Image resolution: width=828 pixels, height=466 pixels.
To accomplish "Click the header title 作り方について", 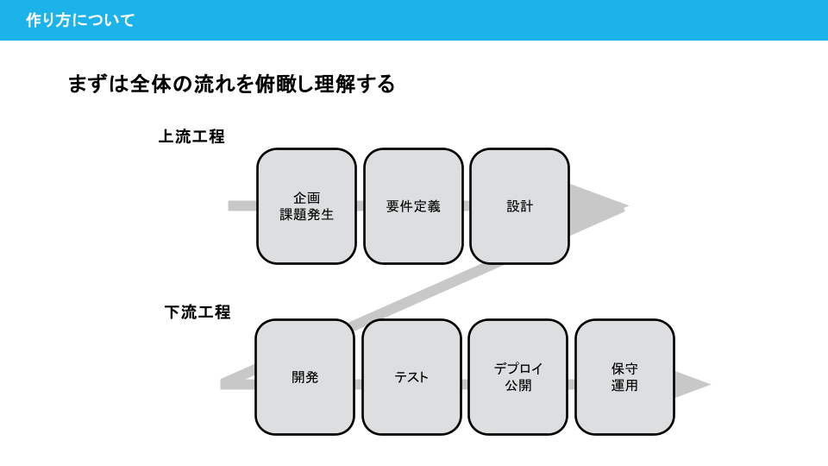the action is coord(80,20).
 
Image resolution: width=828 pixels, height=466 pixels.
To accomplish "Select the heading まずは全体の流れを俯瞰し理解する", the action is coord(231,84).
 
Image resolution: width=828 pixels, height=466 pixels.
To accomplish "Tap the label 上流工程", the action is coord(191,136).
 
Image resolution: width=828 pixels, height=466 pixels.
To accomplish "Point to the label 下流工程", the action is coord(198,312).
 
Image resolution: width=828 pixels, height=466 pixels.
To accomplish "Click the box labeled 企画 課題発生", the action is coord(306,206).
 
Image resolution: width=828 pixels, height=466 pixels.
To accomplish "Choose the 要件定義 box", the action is coord(413,206).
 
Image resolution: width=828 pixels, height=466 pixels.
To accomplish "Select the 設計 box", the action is coord(519,206).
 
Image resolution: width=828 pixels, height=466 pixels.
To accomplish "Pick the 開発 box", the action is coord(304,377).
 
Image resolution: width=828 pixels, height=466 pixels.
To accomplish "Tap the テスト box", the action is coord(411,377).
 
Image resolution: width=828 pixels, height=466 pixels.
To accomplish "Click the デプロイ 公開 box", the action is coord(518,377).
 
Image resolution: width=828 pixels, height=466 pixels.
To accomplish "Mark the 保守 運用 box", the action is coord(624,377).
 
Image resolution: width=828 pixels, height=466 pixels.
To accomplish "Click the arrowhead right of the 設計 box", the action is coord(597,207).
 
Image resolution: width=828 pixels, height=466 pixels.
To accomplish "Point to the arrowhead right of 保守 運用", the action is coord(691,385).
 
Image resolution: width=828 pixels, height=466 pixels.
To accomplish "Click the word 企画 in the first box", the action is coord(307,198).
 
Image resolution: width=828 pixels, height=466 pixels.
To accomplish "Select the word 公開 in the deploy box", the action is coord(518,386).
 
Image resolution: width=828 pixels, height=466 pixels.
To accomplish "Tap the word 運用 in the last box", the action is coord(624,386).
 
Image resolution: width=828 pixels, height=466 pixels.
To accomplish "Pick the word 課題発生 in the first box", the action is coord(307,215).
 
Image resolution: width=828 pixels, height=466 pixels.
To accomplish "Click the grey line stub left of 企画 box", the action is coord(243,206).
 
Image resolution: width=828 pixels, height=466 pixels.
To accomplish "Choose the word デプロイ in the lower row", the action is coord(518,368).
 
